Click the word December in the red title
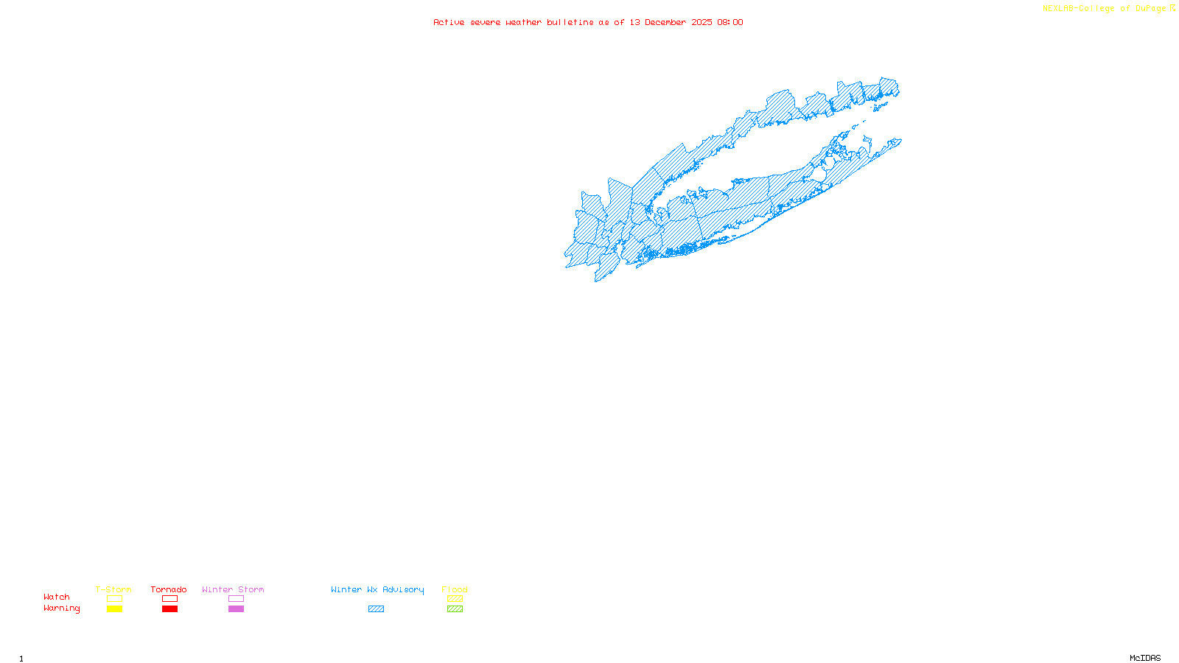click(665, 23)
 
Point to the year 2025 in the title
click(702, 23)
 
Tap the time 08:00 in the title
click(730, 23)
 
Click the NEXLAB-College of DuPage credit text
click(1105, 9)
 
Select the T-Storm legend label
click(113, 589)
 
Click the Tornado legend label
click(169, 589)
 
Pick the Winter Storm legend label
click(233, 589)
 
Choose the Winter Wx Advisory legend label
click(377, 589)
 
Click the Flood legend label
click(455, 589)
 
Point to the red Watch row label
click(57, 597)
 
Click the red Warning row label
click(62, 608)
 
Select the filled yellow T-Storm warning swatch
click(114, 609)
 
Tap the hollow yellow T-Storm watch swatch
click(114, 599)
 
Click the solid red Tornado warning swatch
click(170, 609)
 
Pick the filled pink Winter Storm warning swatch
click(236, 609)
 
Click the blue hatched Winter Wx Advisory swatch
click(377, 609)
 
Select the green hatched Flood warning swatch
click(455, 609)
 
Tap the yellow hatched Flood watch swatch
click(455, 599)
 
